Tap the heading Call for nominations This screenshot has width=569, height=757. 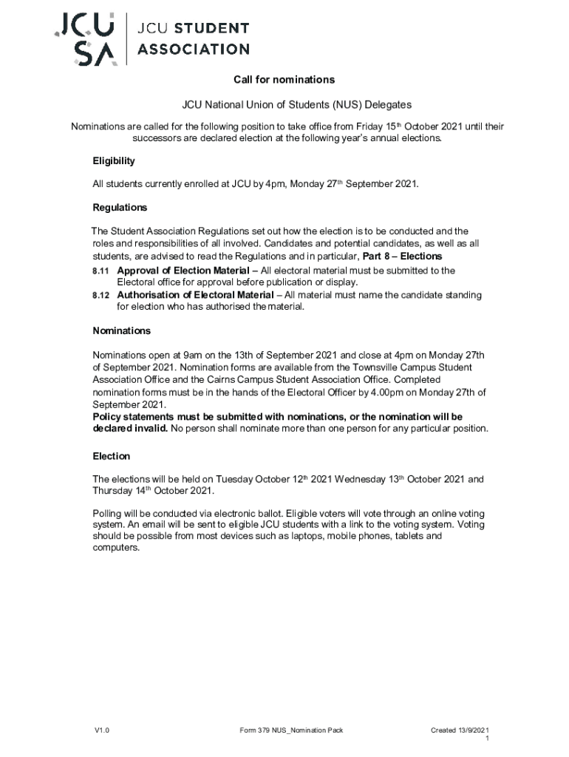click(284, 80)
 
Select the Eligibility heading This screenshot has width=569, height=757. click(113, 160)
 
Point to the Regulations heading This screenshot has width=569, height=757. click(120, 208)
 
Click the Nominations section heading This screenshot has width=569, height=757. click(121, 330)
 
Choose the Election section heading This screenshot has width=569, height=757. click(111, 456)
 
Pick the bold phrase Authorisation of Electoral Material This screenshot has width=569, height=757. click(195, 295)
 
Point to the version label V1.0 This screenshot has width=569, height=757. click(101, 731)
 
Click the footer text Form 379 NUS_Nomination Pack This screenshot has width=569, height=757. click(291, 731)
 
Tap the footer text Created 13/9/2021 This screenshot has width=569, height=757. click(460, 731)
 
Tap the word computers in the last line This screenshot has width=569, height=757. click(115, 548)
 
